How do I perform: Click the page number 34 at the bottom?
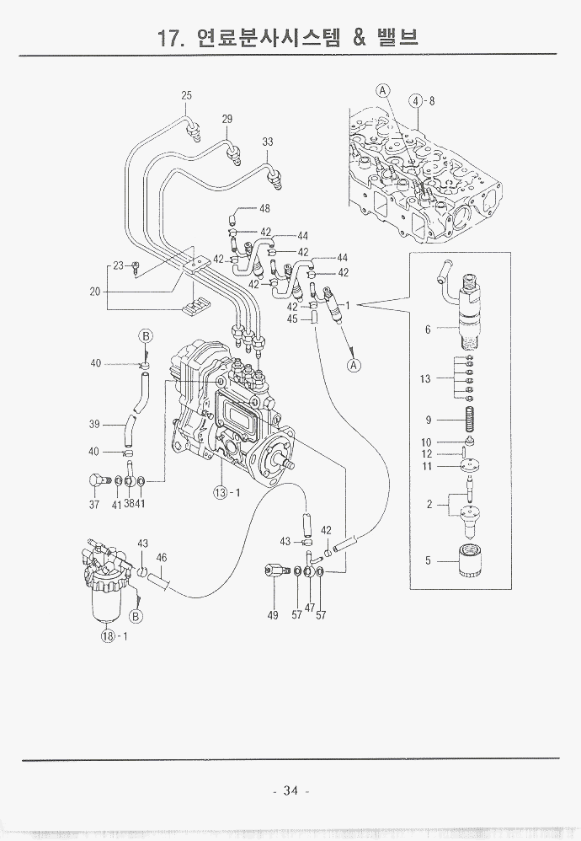[291, 790]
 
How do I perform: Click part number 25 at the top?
[187, 96]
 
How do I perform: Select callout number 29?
[227, 120]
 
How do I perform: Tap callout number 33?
[268, 142]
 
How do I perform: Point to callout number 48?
[264, 208]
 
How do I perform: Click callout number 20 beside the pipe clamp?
[95, 293]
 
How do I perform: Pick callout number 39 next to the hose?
[95, 423]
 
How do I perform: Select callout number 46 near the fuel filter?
[162, 558]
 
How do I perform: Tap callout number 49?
[273, 615]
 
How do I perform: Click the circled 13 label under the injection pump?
[221, 492]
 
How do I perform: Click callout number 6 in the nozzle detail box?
[428, 329]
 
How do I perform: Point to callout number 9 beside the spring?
[428, 420]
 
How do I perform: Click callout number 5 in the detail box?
[428, 560]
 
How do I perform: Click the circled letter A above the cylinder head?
[382, 90]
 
